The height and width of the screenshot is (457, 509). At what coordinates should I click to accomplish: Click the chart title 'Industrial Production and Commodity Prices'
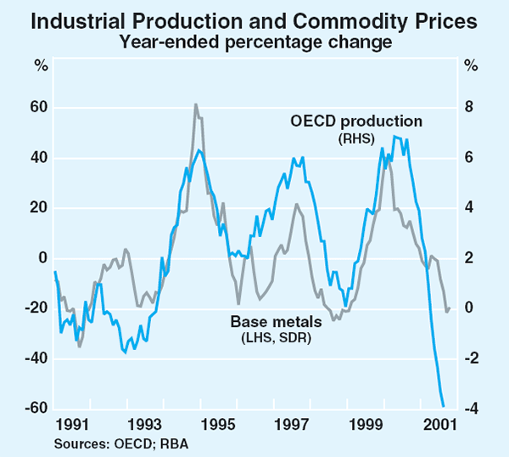[255, 19]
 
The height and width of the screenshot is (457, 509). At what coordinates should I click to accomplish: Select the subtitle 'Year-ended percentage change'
[255, 39]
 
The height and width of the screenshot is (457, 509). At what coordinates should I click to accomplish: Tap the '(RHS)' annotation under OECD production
[356, 138]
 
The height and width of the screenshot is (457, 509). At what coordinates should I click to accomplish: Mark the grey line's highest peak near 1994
[196, 104]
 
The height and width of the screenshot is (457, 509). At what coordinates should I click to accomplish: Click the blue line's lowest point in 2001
[443, 406]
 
